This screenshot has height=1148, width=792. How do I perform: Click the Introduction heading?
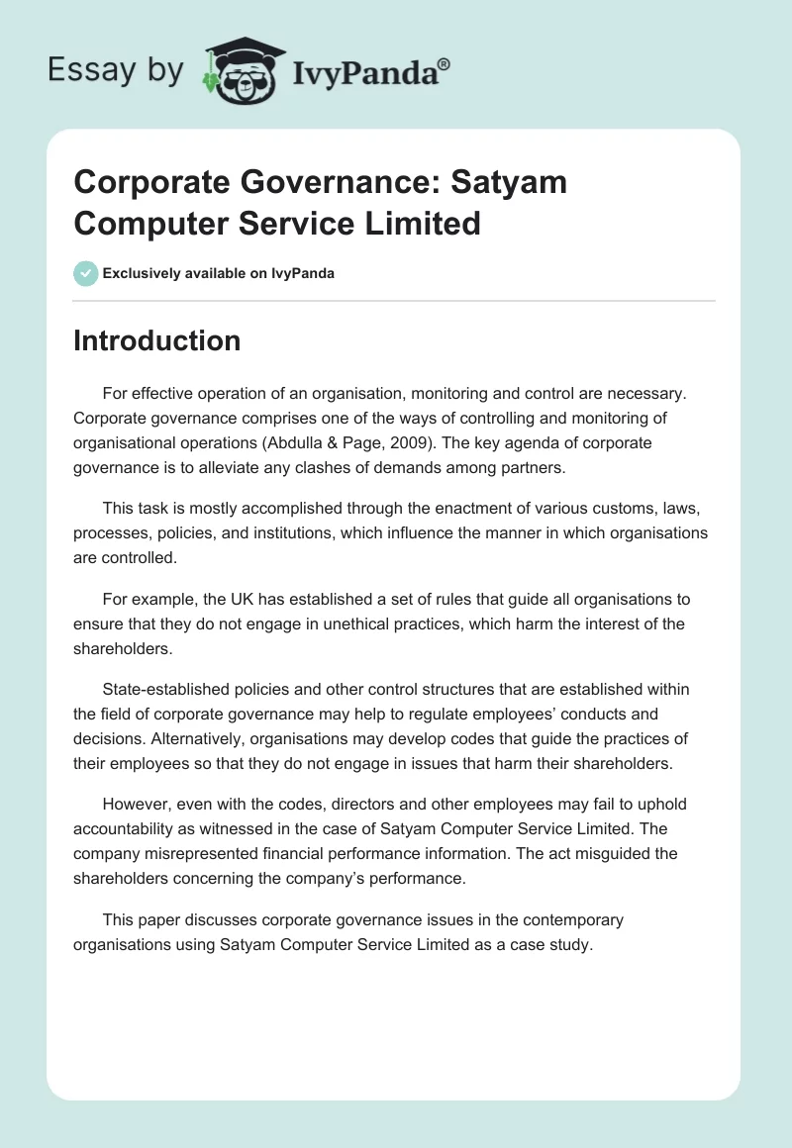tap(156, 340)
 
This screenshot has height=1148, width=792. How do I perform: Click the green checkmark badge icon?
tap(86, 273)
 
